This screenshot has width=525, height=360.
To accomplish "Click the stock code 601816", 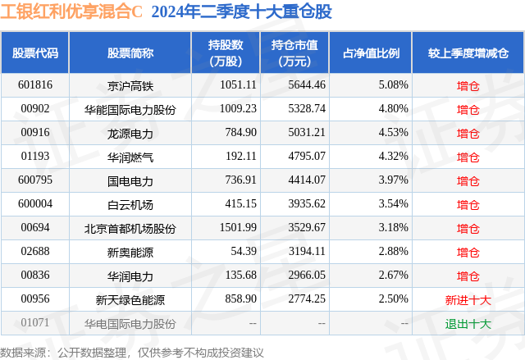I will point(35,84).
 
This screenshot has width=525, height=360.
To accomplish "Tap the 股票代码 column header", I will point(35,52).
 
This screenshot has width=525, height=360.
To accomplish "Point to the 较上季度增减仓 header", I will point(468,52).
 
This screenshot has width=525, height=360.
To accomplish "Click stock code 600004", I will point(35,204).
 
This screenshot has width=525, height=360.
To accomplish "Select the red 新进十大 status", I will point(468,300).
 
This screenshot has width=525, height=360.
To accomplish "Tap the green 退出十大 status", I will point(468,324).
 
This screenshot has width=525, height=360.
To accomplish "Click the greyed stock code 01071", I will point(35,324).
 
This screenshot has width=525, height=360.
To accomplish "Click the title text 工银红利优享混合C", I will point(72,12).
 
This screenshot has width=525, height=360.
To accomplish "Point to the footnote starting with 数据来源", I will point(132,352).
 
